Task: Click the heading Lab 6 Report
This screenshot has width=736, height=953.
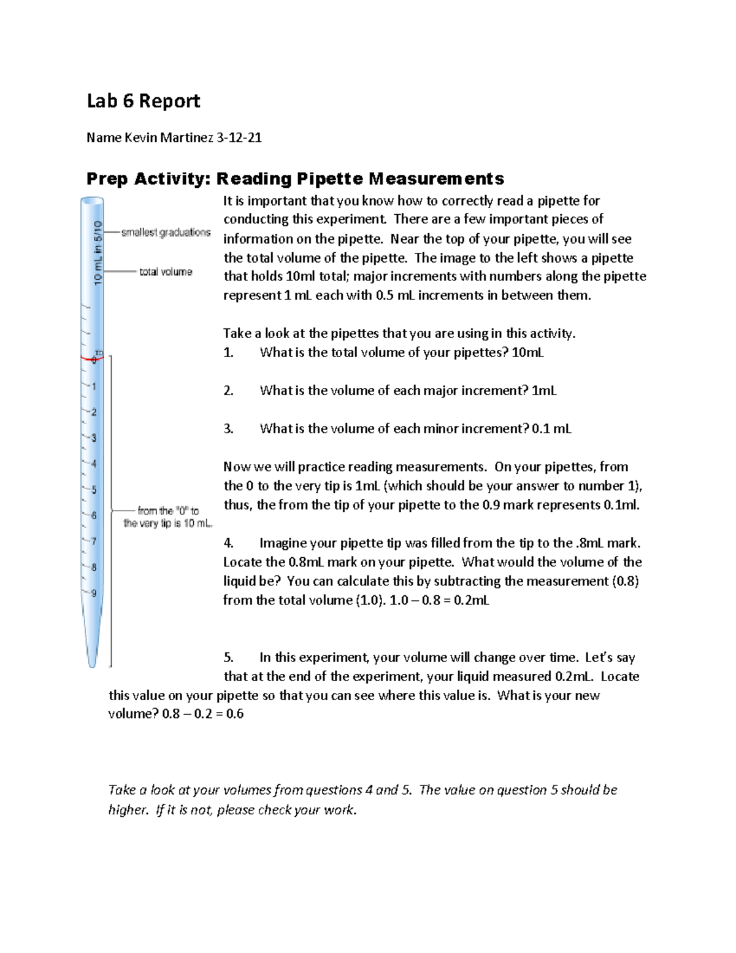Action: point(144,101)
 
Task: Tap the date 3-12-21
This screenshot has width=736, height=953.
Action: point(239,137)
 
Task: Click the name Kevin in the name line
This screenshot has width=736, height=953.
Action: point(141,137)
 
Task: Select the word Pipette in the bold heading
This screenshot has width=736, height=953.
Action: point(330,179)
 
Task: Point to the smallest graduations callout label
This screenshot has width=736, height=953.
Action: point(166,233)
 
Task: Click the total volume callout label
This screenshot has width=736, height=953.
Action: point(166,272)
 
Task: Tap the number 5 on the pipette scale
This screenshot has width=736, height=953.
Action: point(94,490)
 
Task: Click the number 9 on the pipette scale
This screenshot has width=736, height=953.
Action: point(94,593)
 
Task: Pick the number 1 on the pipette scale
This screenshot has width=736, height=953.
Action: point(94,387)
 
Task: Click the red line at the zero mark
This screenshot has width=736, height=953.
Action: point(89,358)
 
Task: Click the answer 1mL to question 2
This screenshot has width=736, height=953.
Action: point(544,391)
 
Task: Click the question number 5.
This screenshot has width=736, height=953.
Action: point(228,658)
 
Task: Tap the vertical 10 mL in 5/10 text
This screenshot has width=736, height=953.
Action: point(98,252)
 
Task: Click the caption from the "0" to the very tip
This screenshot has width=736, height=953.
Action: point(167,517)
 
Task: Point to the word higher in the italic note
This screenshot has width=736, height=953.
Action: point(128,810)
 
